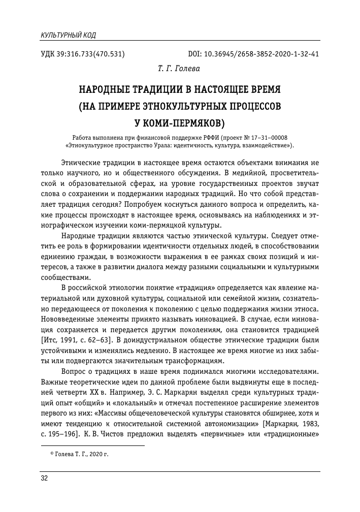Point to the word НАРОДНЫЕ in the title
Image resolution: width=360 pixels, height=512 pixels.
point(104,91)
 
